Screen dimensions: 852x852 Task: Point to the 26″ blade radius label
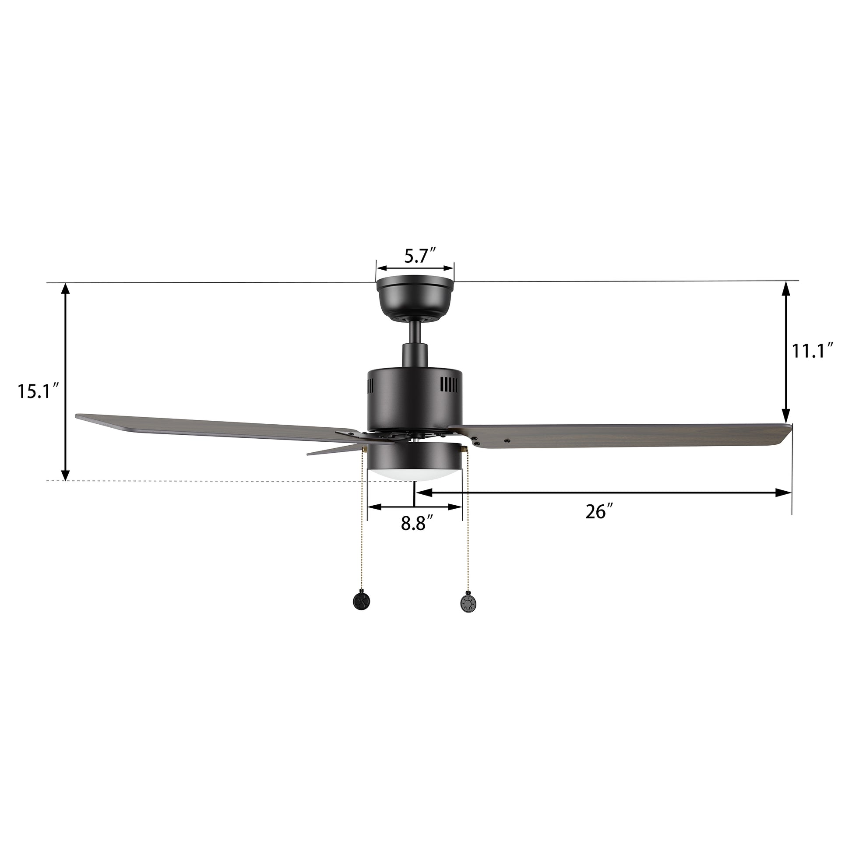coord(600,512)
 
